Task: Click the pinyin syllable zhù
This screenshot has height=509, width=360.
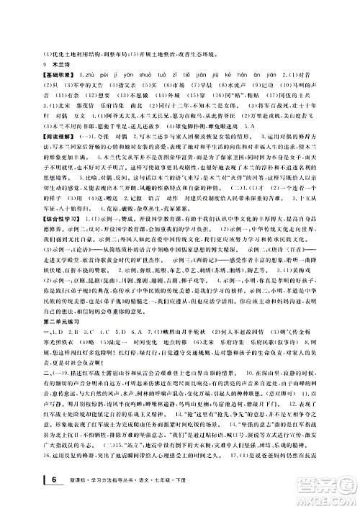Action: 93,73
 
